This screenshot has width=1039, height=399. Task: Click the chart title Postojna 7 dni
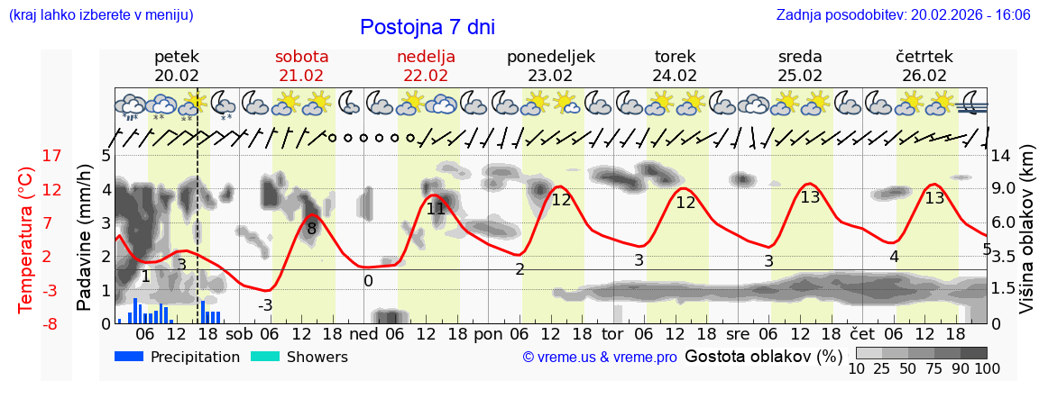[427, 27]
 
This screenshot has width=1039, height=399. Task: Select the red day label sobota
[301, 57]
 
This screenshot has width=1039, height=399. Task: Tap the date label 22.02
[426, 76]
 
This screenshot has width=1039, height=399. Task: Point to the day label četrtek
[924, 57]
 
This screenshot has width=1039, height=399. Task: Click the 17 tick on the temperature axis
[27, 156]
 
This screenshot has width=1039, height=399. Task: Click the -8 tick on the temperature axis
[27, 323]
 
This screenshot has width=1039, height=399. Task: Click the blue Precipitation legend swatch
[130, 357]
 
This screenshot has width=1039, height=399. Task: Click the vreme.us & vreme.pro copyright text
[600, 358]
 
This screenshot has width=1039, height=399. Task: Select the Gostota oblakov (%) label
[764, 356]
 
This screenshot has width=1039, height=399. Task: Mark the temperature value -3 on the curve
[265, 305]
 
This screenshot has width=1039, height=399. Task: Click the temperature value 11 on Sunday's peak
[436, 209]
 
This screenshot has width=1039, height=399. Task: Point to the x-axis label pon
[487, 334]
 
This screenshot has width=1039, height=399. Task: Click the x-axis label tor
[612, 334]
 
